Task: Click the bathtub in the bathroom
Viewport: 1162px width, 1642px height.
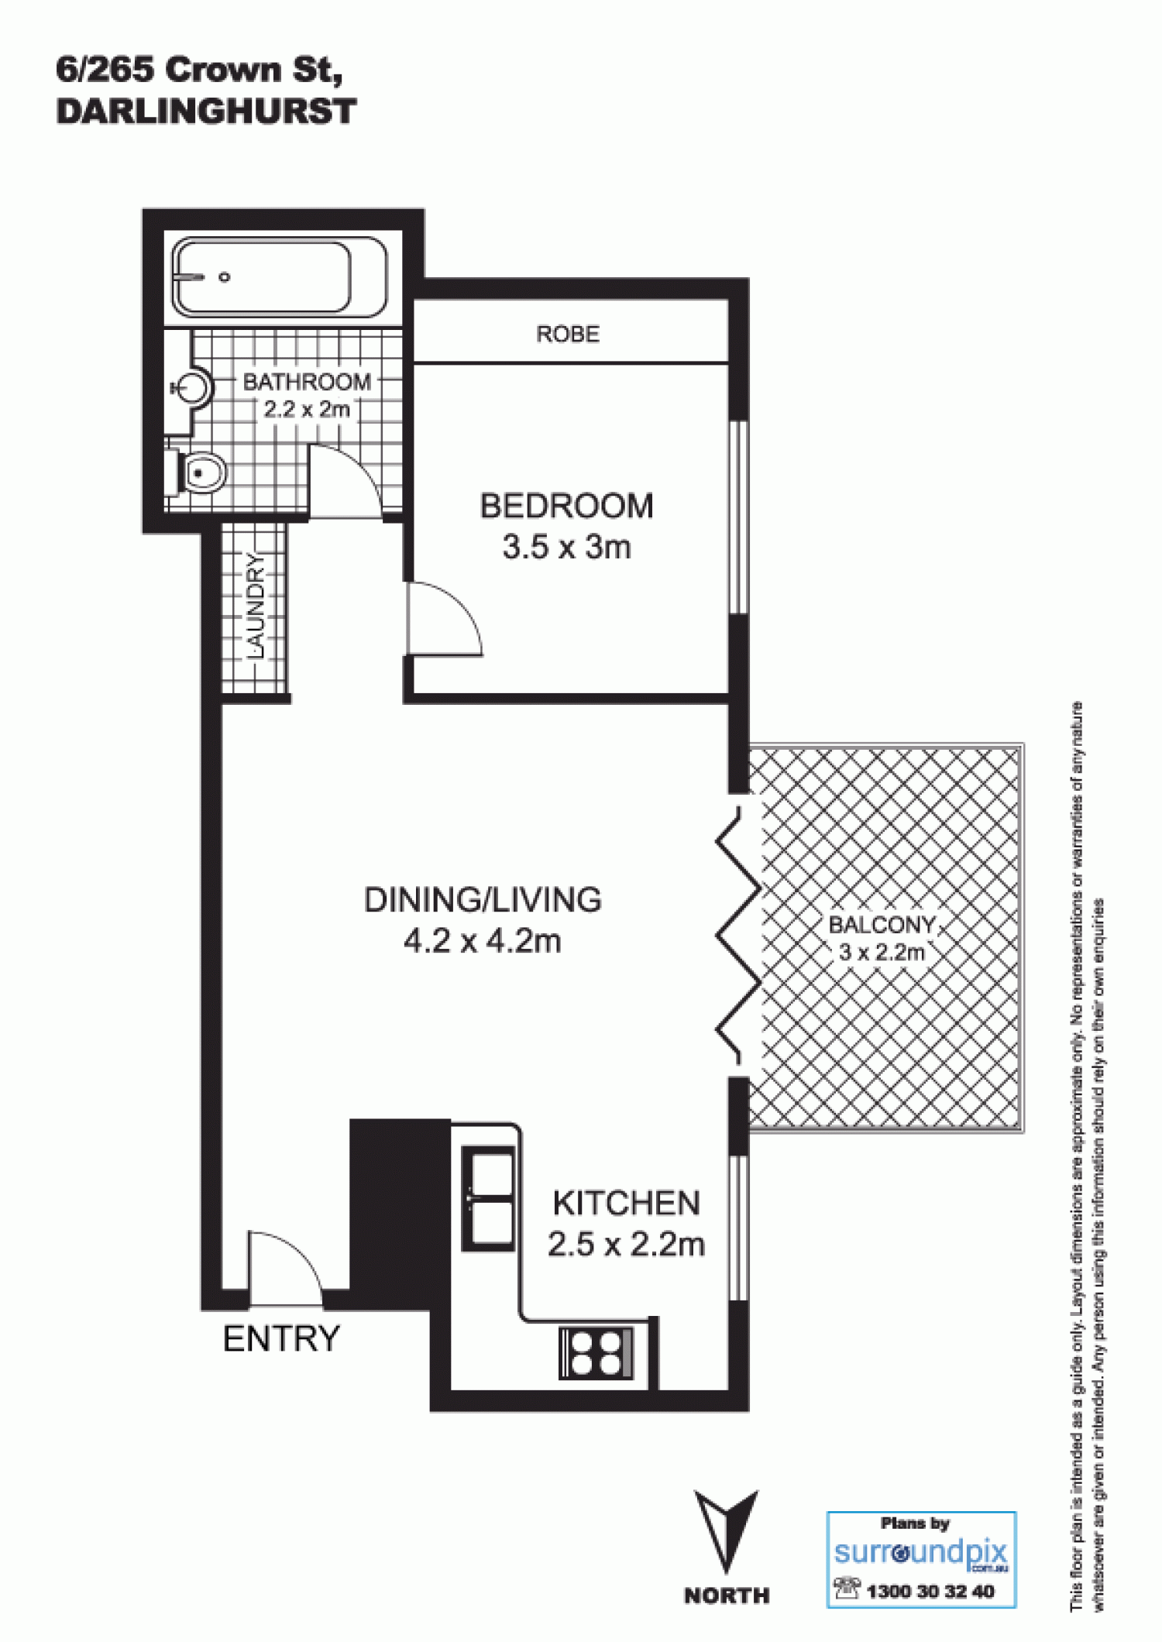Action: point(279,277)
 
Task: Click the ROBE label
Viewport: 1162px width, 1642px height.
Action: point(568,334)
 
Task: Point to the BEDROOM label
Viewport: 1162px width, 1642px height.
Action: point(567,506)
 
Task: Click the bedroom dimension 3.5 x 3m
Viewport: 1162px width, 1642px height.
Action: point(567,547)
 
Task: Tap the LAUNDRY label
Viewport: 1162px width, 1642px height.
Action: point(255,606)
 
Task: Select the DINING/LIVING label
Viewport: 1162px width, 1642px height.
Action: point(483,899)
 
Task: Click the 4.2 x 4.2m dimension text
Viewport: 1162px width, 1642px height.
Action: point(483,941)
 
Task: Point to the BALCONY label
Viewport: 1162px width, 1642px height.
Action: point(882,925)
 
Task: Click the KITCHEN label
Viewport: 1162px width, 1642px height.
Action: point(626,1203)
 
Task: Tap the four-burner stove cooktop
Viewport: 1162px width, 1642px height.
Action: point(596,1352)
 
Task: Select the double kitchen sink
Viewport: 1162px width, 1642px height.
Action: point(488,1199)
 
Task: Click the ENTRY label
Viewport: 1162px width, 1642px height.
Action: point(281,1338)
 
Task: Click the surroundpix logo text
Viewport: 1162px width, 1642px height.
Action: point(921,1552)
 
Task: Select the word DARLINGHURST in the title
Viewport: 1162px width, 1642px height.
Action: point(206,112)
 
